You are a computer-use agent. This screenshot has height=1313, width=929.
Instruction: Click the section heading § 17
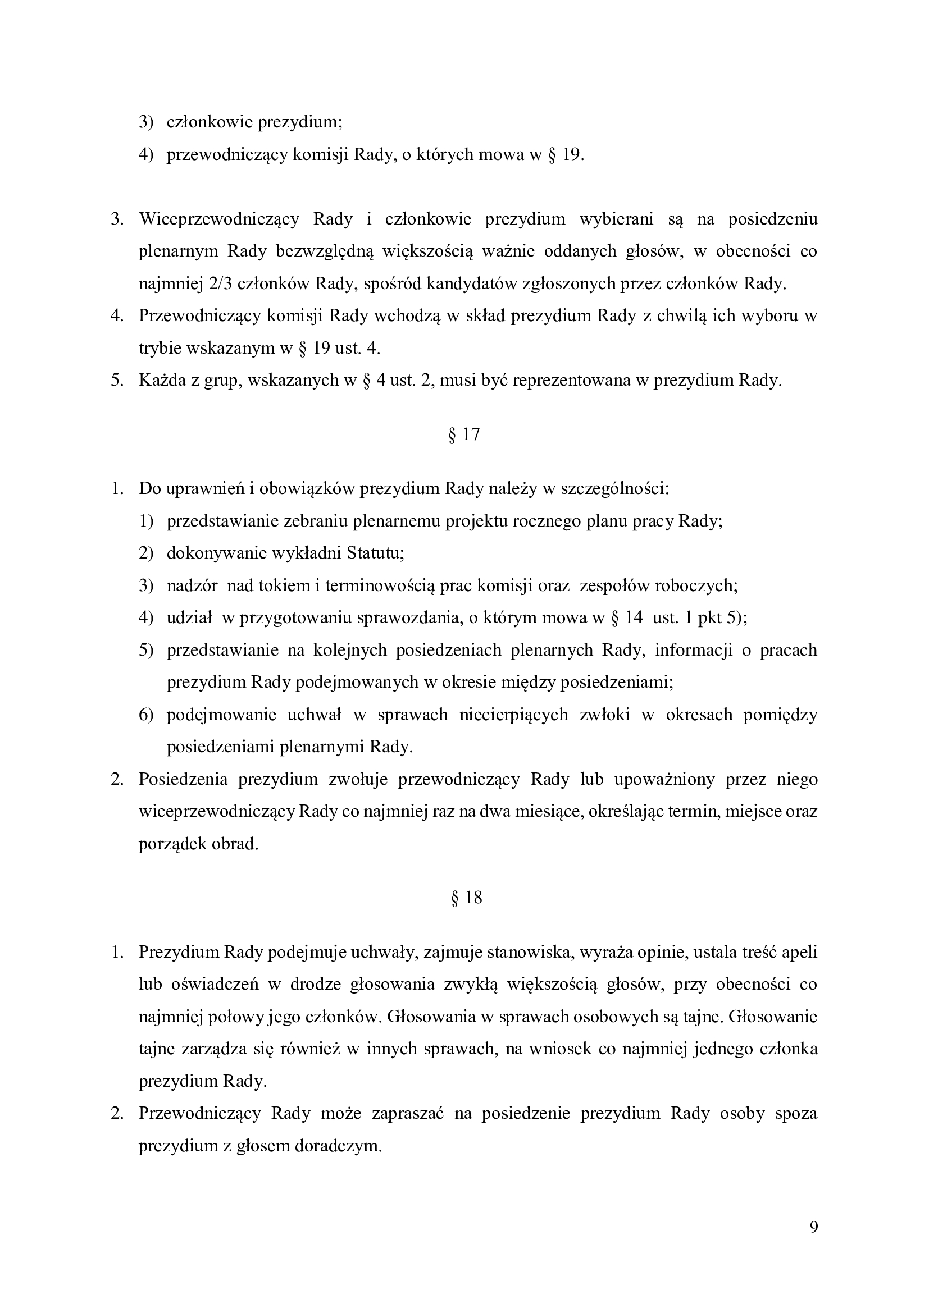(464, 435)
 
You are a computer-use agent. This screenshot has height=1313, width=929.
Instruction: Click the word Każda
(162, 381)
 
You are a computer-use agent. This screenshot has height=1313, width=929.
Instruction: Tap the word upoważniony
(663, 780)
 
